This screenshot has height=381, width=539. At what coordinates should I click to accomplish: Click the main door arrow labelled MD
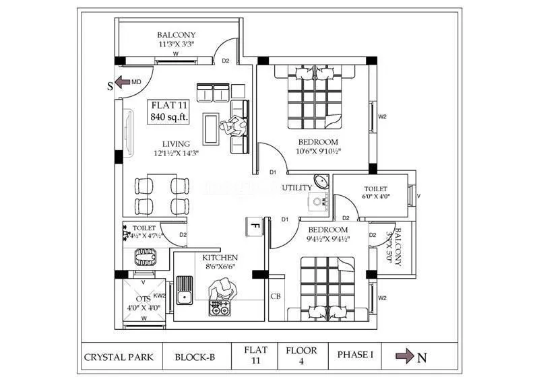click(121, 83)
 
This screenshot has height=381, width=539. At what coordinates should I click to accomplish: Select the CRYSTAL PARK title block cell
click(119, 357)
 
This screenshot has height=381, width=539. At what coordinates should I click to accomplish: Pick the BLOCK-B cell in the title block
click(195, 357)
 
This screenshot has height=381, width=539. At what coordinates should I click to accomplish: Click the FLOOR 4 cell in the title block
click(301, 356)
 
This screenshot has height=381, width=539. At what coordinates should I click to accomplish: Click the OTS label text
click(143, 299)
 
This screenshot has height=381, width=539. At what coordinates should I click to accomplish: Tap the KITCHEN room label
click(220, 258)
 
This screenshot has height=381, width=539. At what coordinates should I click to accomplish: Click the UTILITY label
click(297, 188)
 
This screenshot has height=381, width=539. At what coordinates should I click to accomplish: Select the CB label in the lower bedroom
click(276, 296)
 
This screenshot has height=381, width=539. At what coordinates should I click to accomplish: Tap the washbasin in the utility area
click(321, 184)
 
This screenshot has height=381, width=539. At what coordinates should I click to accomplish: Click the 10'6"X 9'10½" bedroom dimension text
click(318, 151)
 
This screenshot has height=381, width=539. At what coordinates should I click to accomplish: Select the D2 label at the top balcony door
click(226, 61)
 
